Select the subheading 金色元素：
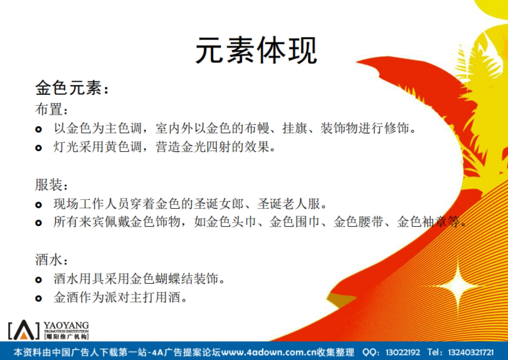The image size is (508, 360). pyautogui.click(x=72, y=89)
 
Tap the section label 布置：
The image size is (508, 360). pyautogui.click(x=51, y=109)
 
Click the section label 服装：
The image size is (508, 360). pyautogui.click(x=51, y=185)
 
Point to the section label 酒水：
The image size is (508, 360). pyautogui.click(x=51, y=260)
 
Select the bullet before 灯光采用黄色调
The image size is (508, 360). pyautogui.click(x=39, y=148)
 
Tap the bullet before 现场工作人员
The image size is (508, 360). pyautogui.click(x=39, y=205)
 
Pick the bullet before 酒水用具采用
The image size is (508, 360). pyautogui.click(x=39, y=280)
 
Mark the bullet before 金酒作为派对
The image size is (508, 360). pyautogui.click(x=39, y=299)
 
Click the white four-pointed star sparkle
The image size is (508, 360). pyautogui.click(x=457, y=284)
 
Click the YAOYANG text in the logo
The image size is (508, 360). pyautogui.click(x=66, y=325)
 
